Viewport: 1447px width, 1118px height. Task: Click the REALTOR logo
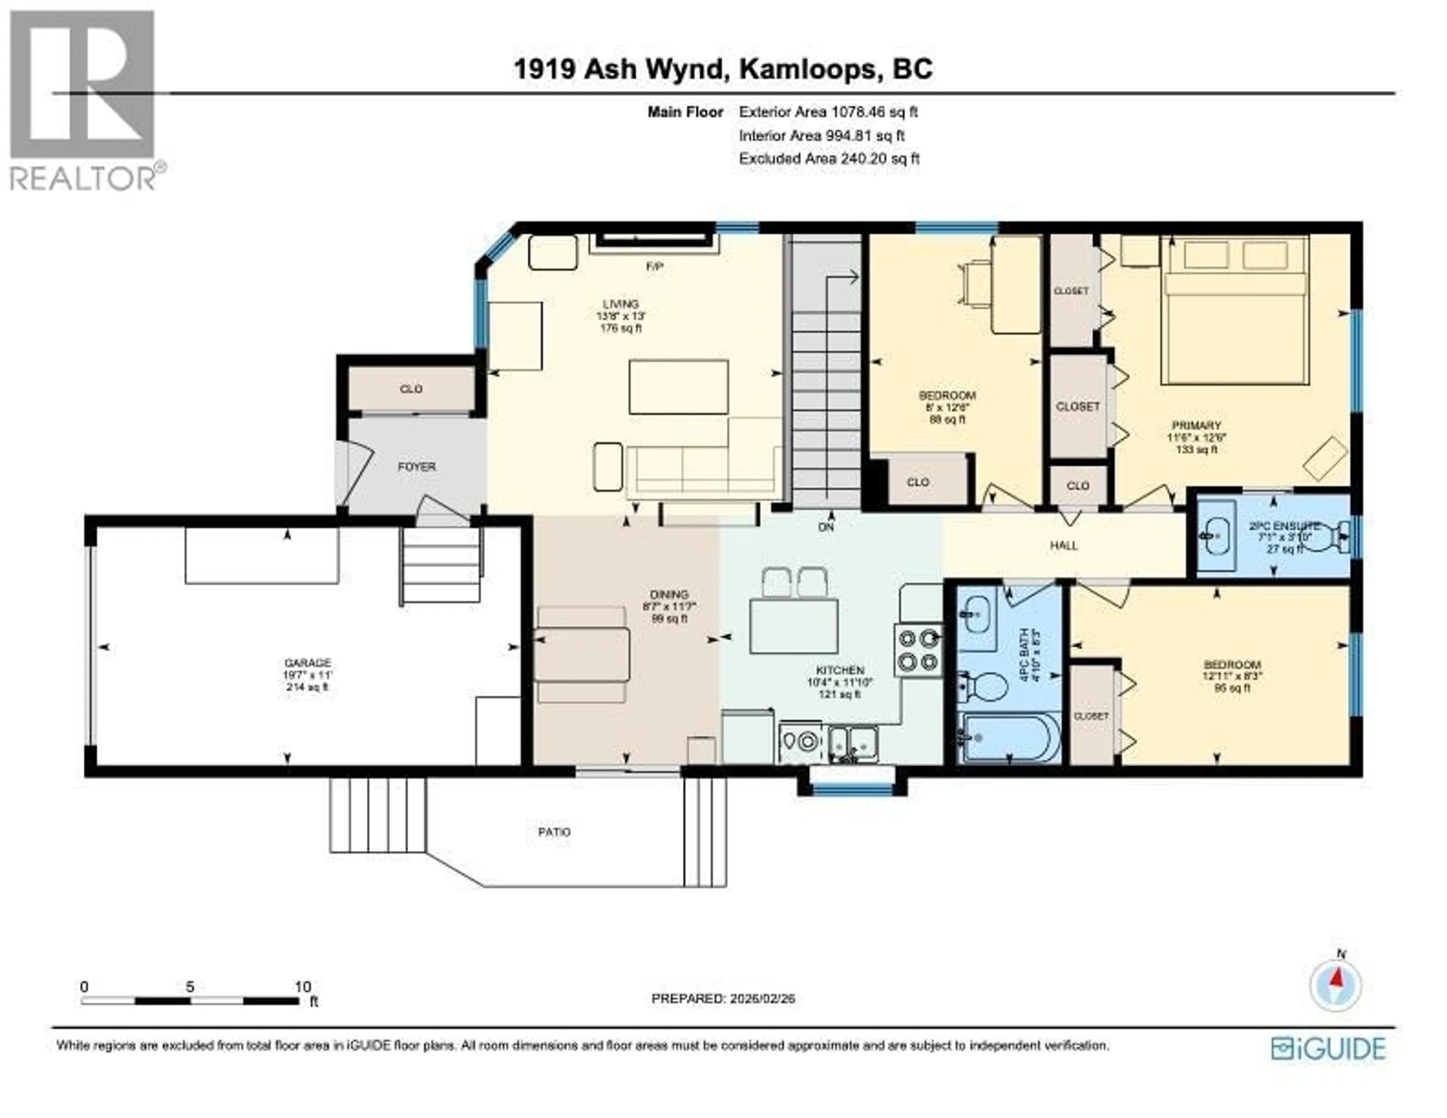coord(83,99)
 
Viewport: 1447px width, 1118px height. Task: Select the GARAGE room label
coord(307,663)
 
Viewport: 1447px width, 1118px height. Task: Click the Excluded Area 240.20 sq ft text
coord(829,158)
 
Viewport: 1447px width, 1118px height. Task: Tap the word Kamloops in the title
coord(808,69)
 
